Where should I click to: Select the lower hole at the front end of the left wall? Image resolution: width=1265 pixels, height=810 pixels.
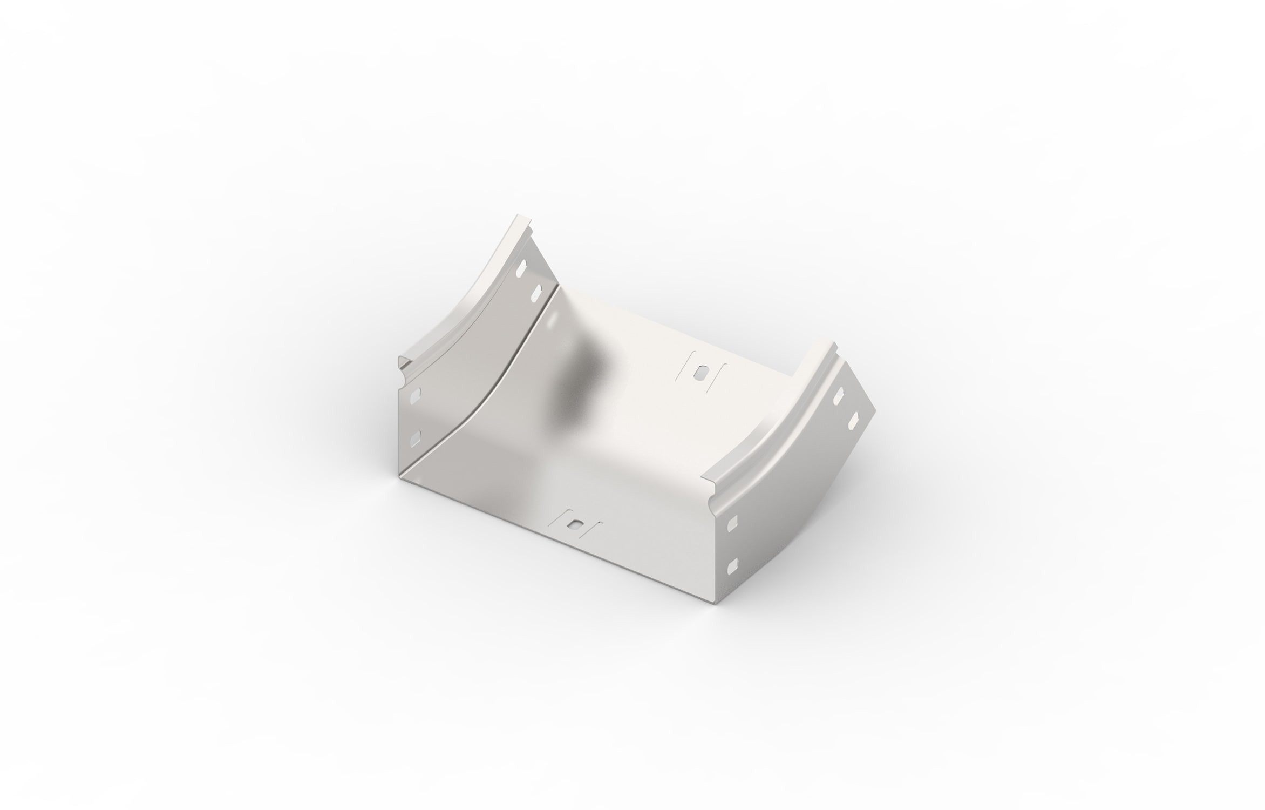point(414,437)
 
